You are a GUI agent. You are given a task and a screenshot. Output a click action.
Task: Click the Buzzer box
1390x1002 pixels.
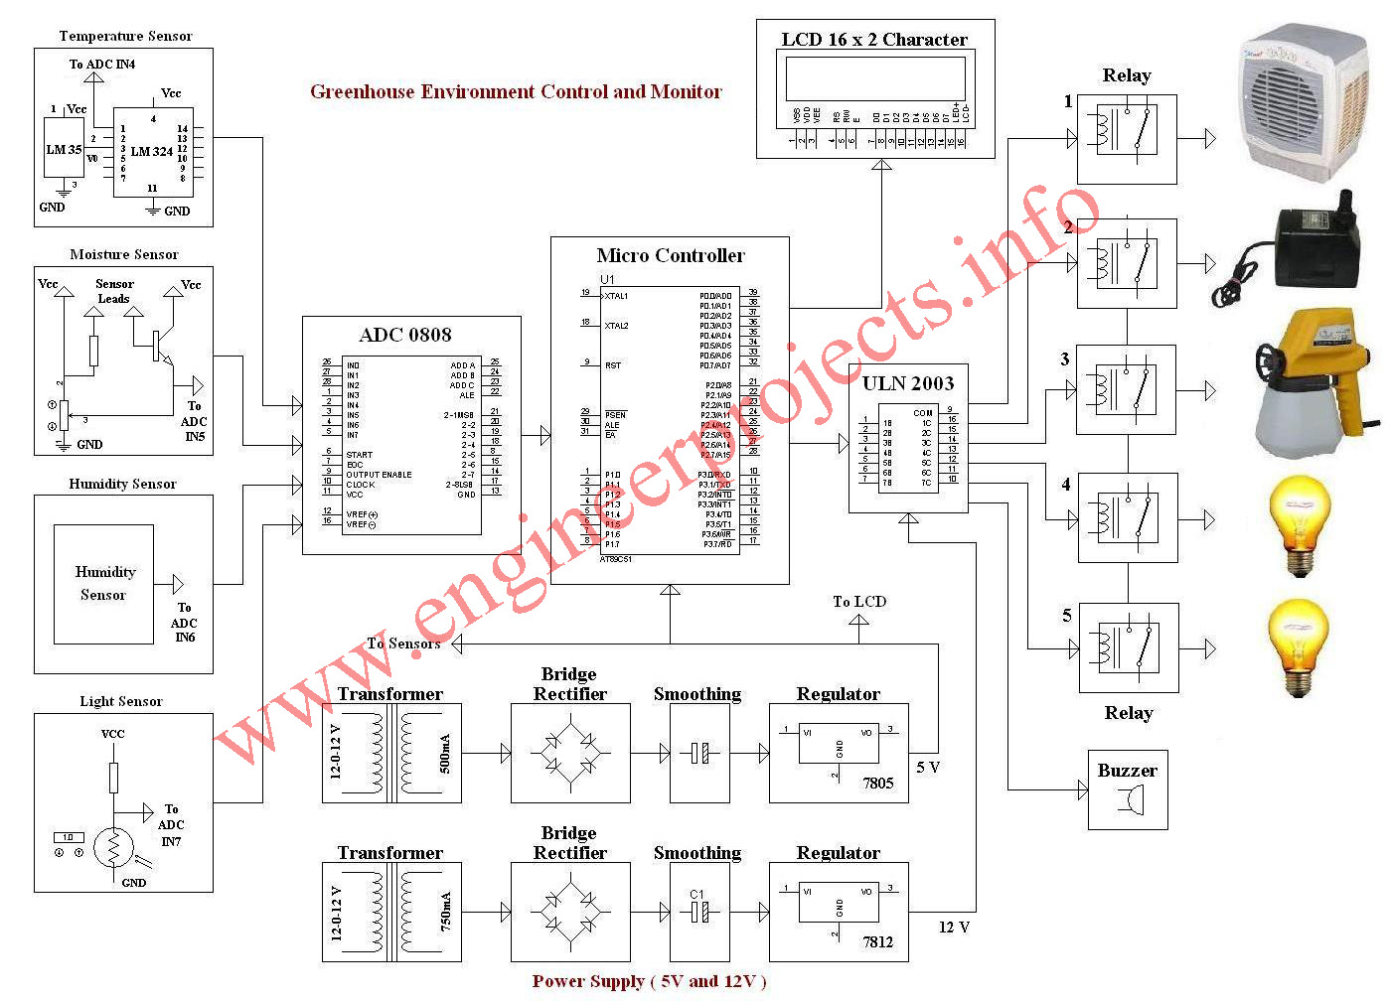point(1128,789)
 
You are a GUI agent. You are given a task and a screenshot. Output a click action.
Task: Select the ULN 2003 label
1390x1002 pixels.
point(907,384)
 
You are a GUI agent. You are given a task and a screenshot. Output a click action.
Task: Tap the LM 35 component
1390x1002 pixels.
point(64,150)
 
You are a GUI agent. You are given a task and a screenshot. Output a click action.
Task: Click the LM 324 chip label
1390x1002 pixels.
point(152,152)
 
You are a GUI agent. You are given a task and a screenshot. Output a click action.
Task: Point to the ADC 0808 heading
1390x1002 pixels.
point(405,335)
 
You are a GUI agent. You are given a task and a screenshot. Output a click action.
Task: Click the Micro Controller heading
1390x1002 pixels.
point(670,256)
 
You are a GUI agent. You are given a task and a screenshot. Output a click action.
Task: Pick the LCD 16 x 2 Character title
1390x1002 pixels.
point(874,40)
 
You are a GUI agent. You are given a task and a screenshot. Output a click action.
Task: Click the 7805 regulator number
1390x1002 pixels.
point(877,784)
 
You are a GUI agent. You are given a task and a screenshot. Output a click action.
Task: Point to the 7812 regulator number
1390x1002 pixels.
point(877,942)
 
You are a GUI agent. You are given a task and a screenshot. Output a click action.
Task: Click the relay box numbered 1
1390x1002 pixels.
point(1127,139)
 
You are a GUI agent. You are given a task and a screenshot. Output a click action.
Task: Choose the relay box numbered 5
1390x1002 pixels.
point(1129,647)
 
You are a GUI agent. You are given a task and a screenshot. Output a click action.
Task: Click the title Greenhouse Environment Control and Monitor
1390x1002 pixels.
point(516,92)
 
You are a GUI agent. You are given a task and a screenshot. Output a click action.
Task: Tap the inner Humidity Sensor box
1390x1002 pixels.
point(103,584)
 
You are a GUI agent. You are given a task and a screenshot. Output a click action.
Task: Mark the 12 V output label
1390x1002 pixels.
point(954,928)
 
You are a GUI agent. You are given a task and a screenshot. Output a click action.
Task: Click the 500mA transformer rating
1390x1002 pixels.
point(444,754)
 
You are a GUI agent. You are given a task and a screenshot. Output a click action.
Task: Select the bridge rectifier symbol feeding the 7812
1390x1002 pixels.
point(570,913)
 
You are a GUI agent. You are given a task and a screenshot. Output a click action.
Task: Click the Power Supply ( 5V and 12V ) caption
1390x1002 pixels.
point(649,981)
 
